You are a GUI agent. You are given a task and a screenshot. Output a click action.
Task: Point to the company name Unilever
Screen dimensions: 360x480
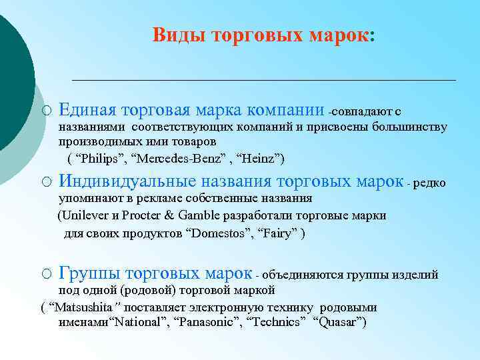point(85,216)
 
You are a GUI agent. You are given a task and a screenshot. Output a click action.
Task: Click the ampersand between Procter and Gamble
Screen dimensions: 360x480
point(168,216)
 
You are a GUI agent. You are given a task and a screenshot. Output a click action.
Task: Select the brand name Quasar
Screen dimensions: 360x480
point(340,323)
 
